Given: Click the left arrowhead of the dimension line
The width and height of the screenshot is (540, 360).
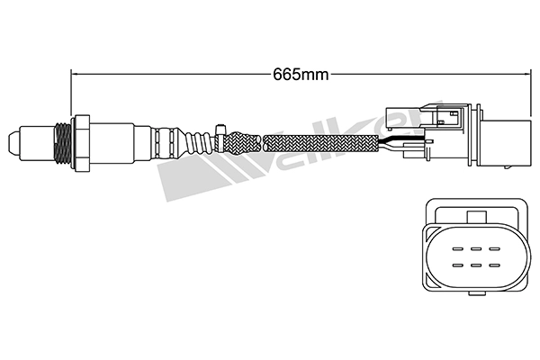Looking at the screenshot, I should click(75, 74).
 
